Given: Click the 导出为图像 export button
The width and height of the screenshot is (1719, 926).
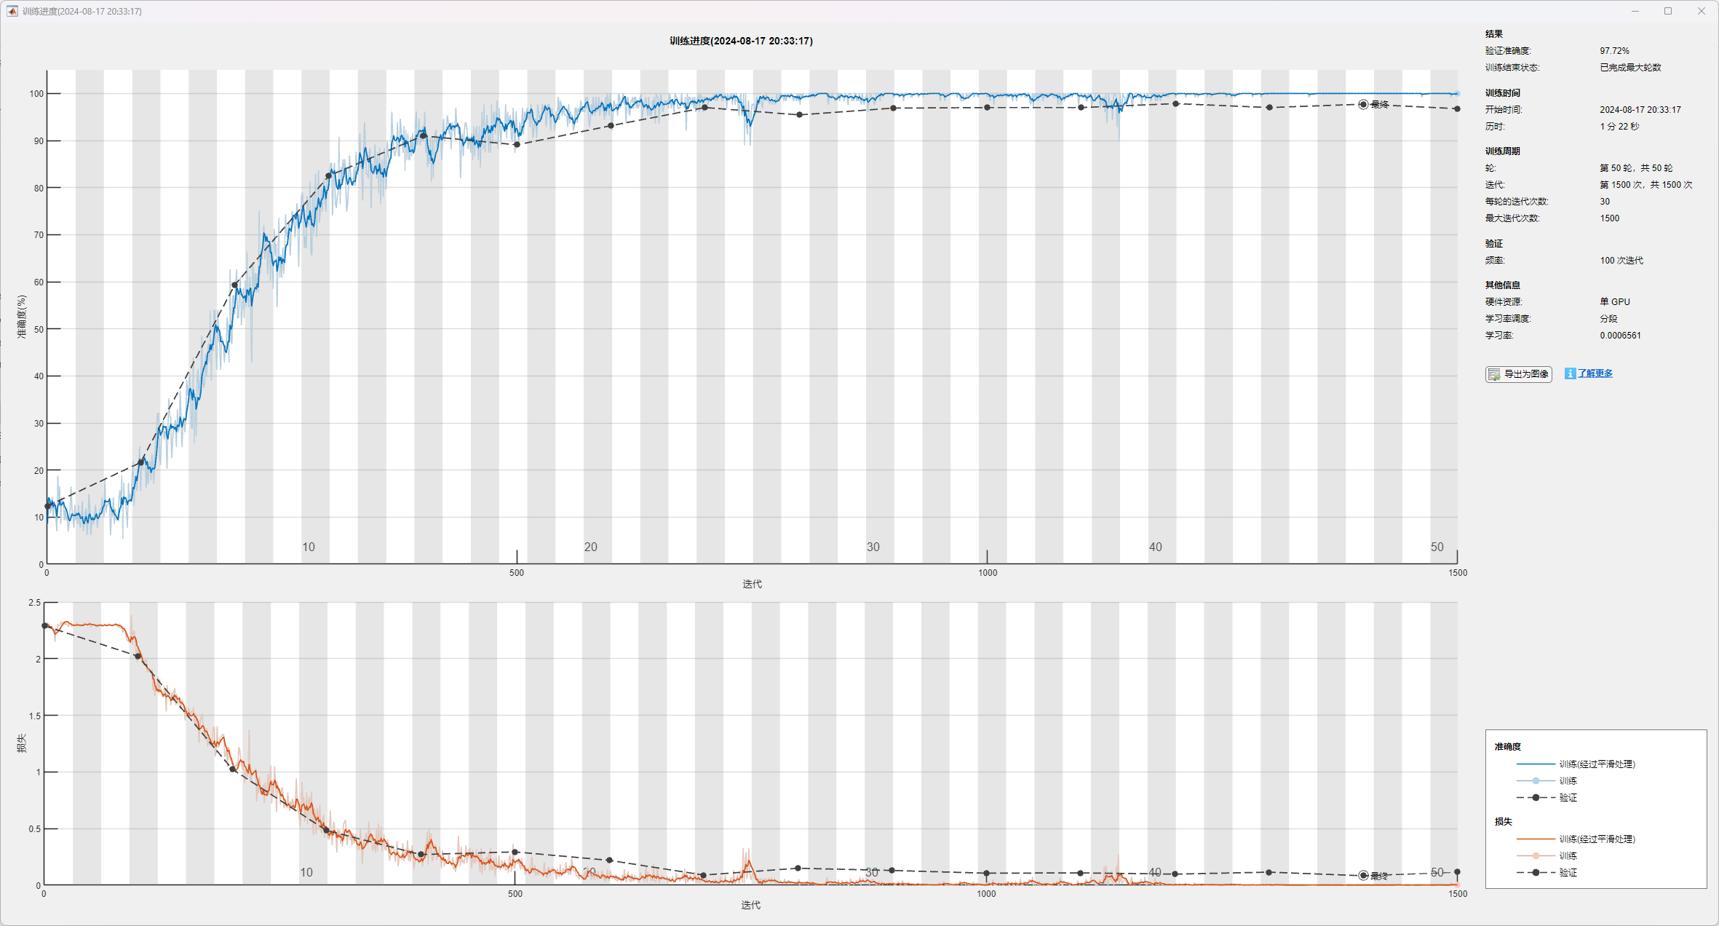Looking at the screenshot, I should (1518, 374).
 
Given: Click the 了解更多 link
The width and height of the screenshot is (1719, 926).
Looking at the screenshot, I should (1595, 373).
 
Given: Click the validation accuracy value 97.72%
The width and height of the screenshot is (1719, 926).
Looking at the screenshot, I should (1614, 51).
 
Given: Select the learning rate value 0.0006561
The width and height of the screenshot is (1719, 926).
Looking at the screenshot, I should (1620, 336).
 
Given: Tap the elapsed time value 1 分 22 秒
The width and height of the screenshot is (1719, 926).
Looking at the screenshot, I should (1619, 127).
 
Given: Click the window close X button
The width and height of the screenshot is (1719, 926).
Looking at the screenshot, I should (1702, 11).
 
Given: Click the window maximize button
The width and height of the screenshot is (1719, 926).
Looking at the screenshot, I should (1668, 11).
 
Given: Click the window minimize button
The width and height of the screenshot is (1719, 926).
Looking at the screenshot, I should (1635, 11).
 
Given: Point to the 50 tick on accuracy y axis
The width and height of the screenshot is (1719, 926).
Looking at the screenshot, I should (39, 329).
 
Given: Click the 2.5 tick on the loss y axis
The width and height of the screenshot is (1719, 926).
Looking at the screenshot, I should (35, 603).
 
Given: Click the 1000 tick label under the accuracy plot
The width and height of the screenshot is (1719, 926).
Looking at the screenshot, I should (987, 573).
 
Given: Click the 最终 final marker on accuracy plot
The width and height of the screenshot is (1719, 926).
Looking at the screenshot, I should (1363, 105).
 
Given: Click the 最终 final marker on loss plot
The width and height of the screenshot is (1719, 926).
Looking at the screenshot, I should (1363, 876).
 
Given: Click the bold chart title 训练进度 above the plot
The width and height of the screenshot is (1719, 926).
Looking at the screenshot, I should (741, 41).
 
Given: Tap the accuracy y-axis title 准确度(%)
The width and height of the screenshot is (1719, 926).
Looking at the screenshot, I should (22, 317).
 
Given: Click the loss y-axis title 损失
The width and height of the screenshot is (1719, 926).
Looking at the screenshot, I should (22, 743).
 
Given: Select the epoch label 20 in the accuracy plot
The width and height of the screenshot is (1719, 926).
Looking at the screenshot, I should (590, 547).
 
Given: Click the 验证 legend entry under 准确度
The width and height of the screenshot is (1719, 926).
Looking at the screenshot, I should (1568, 798).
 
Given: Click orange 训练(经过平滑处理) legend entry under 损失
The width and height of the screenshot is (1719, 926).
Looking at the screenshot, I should (1597, 839).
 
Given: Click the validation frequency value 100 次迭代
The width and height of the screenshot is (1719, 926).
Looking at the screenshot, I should (1621, 261).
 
